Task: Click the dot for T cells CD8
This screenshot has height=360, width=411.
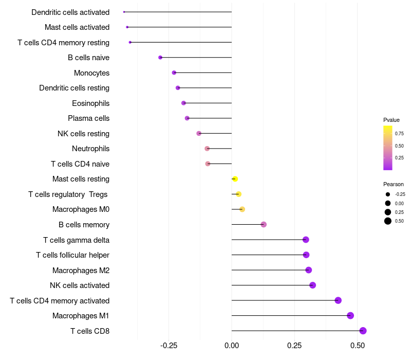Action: click(x=363, y=331)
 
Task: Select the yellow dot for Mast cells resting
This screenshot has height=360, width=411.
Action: click(x=235, y=179)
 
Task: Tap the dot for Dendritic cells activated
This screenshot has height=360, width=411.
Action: click(x=124, y=12)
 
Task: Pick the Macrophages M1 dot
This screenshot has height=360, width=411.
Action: click(x=350, y=316)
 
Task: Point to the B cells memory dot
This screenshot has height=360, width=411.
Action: click(x=264, y=224)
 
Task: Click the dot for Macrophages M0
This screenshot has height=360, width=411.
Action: click(x=242, y=209)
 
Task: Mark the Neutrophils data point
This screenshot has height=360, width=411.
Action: click(x=207, y=149)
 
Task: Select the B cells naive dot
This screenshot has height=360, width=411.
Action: click(x=160, y=58)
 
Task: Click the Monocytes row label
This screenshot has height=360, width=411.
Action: click(x=92, y=73)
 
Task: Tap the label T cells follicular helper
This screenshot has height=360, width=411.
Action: click(x=72, y=255)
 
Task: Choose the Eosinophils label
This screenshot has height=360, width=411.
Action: click(x=91, y=103)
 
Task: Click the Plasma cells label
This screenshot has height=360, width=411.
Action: click(x=88, y=118)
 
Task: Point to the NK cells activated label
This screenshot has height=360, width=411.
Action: click(x=80, y=285)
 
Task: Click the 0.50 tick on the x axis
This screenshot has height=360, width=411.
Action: click(x=358, y=346)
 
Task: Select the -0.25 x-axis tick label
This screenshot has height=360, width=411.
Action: click(x=169, y=346)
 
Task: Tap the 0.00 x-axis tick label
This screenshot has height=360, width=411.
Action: click(x=232, y=346)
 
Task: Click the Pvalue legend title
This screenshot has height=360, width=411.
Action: click(x=391, y=120)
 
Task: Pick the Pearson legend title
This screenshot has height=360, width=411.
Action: click(x=394, y=184)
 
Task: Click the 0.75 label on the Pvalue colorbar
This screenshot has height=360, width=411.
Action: click(x=399, y=134)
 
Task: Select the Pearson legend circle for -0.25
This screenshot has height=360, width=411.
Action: click(x=388, y=194)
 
